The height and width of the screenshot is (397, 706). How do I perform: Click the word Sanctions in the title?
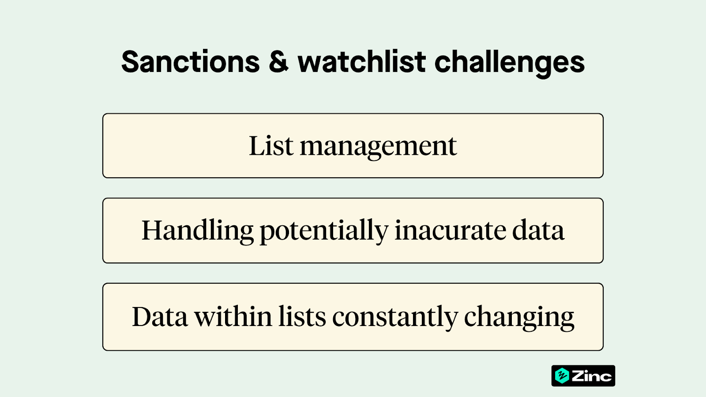pos(191,62)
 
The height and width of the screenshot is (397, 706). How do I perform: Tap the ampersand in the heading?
pos(278,62)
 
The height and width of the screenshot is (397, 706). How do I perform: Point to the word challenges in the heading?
pos(510,63)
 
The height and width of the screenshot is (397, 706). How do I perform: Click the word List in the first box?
pos(271,146)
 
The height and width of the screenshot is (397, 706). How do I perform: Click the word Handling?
pos(197,231)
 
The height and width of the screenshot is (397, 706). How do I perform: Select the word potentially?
pos(324,231)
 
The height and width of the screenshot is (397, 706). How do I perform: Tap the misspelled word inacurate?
pos(450,231)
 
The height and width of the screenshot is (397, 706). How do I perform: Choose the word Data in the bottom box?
pos(160,317)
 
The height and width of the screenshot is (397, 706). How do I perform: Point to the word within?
pos(233,317)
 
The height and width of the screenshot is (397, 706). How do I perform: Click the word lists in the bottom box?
pos(302,317)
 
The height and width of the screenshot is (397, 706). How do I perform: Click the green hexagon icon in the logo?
pos(562,376)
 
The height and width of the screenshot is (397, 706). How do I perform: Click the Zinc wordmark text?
pos(592,376)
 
